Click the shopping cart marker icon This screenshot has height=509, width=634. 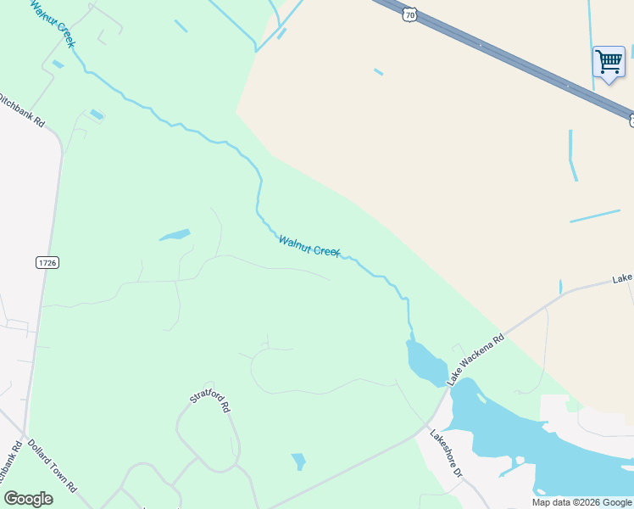coord(608,63)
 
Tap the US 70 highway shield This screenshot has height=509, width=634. coord(410,14)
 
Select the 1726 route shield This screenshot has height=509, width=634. coord(47,263)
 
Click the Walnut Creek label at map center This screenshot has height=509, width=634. coord(309,247)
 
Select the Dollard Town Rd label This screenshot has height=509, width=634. coord(52,466)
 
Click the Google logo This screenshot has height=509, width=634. coord(28,499)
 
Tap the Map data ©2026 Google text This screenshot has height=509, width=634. coord(582,502)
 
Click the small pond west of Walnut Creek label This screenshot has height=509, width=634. coord(175,235)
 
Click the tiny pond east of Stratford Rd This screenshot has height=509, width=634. coord(298,461)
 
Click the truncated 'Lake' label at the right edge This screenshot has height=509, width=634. coord(623,278)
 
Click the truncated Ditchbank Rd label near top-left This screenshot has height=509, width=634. coord(23,108)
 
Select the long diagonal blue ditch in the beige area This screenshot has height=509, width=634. coord(594,215)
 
